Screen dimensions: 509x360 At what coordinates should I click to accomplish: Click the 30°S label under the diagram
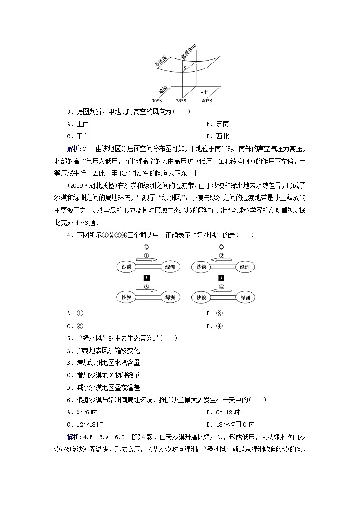(x=157, y=101)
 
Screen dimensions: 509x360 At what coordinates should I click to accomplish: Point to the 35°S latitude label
(x=181, y=101)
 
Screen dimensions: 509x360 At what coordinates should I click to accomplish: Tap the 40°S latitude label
(x=207, y=101)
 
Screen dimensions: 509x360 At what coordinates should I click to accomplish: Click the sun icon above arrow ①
(x=146, y=247)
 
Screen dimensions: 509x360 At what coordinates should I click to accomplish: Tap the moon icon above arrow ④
(x=221, y=278)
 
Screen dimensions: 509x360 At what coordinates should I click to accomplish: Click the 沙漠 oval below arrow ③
(x=126, y=297)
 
